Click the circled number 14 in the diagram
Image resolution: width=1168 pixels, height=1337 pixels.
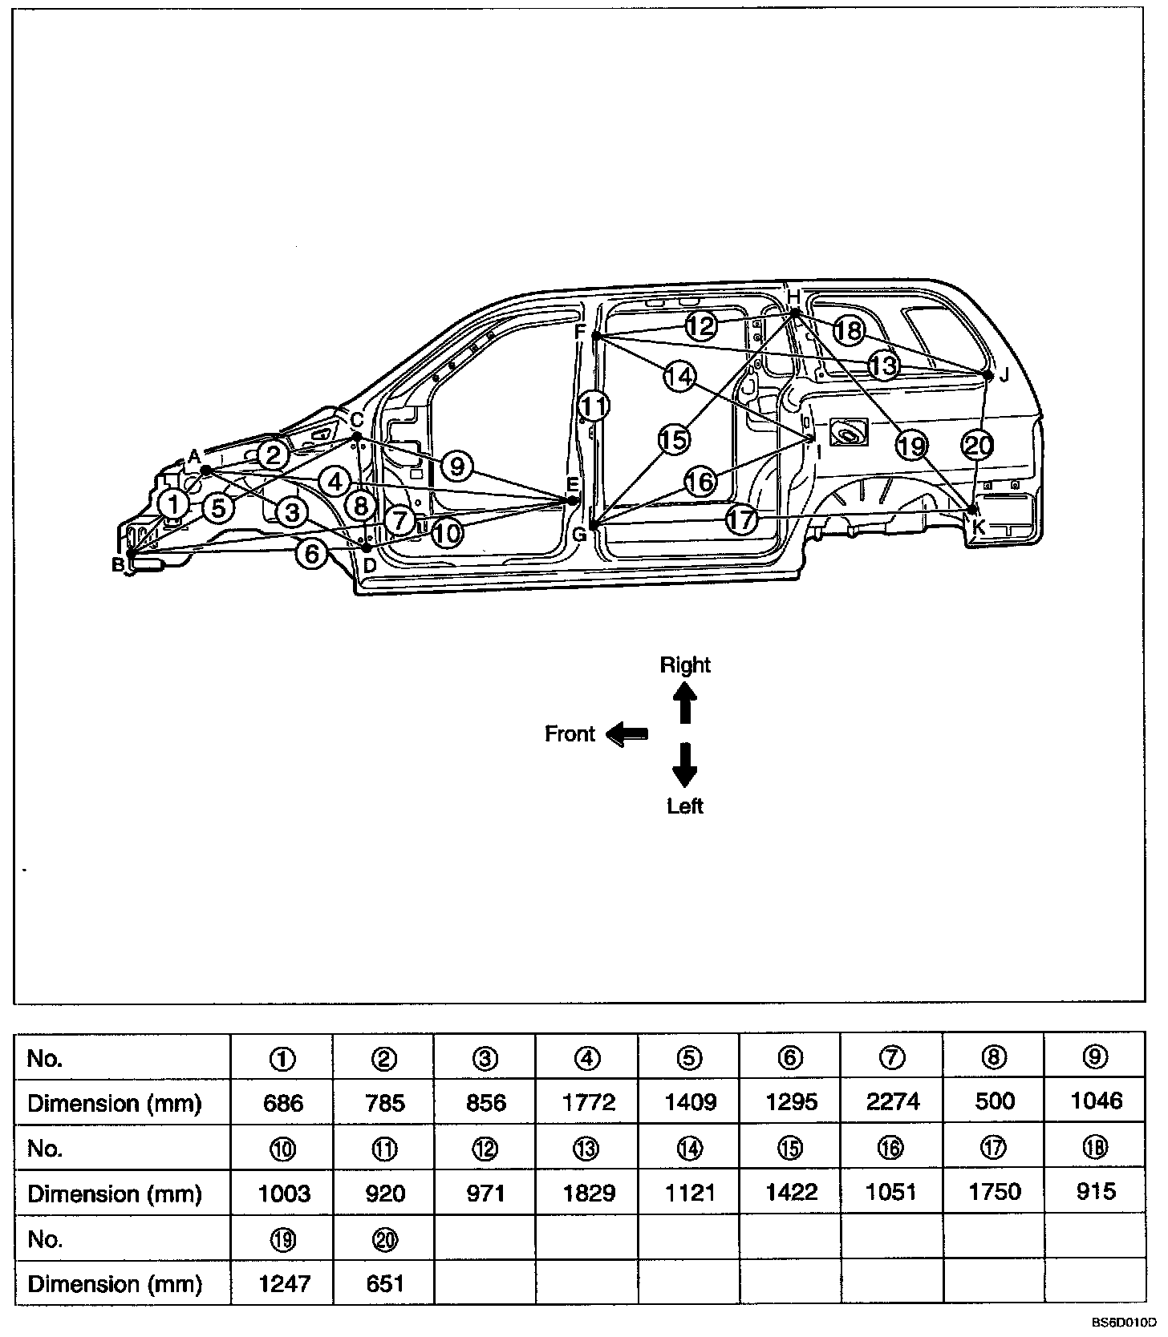(x=679, y=376)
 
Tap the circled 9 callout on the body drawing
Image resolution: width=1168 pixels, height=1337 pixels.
(x=456, y=466)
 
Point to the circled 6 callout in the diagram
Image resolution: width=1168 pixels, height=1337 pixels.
(x=311, y=554)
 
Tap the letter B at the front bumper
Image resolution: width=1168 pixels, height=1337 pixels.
(x=118, y=565)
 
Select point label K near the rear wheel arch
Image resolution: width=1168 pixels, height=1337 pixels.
(x=979, y=527)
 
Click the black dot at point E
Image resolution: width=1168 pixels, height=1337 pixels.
(x=572, y=501)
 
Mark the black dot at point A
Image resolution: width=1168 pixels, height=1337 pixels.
(x=205, y=470)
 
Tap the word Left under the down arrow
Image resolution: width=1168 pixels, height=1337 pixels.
(x=684, y=806)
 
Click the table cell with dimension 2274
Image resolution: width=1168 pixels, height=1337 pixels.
(x=893, y=1102)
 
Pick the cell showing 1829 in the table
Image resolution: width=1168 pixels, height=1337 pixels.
(x=588, y=1193)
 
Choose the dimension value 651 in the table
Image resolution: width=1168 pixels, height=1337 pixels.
(x=385, y=1283)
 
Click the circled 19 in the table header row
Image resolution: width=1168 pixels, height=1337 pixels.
(x=283, y=1239)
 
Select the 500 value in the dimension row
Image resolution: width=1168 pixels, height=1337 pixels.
(x=994, y=1102)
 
